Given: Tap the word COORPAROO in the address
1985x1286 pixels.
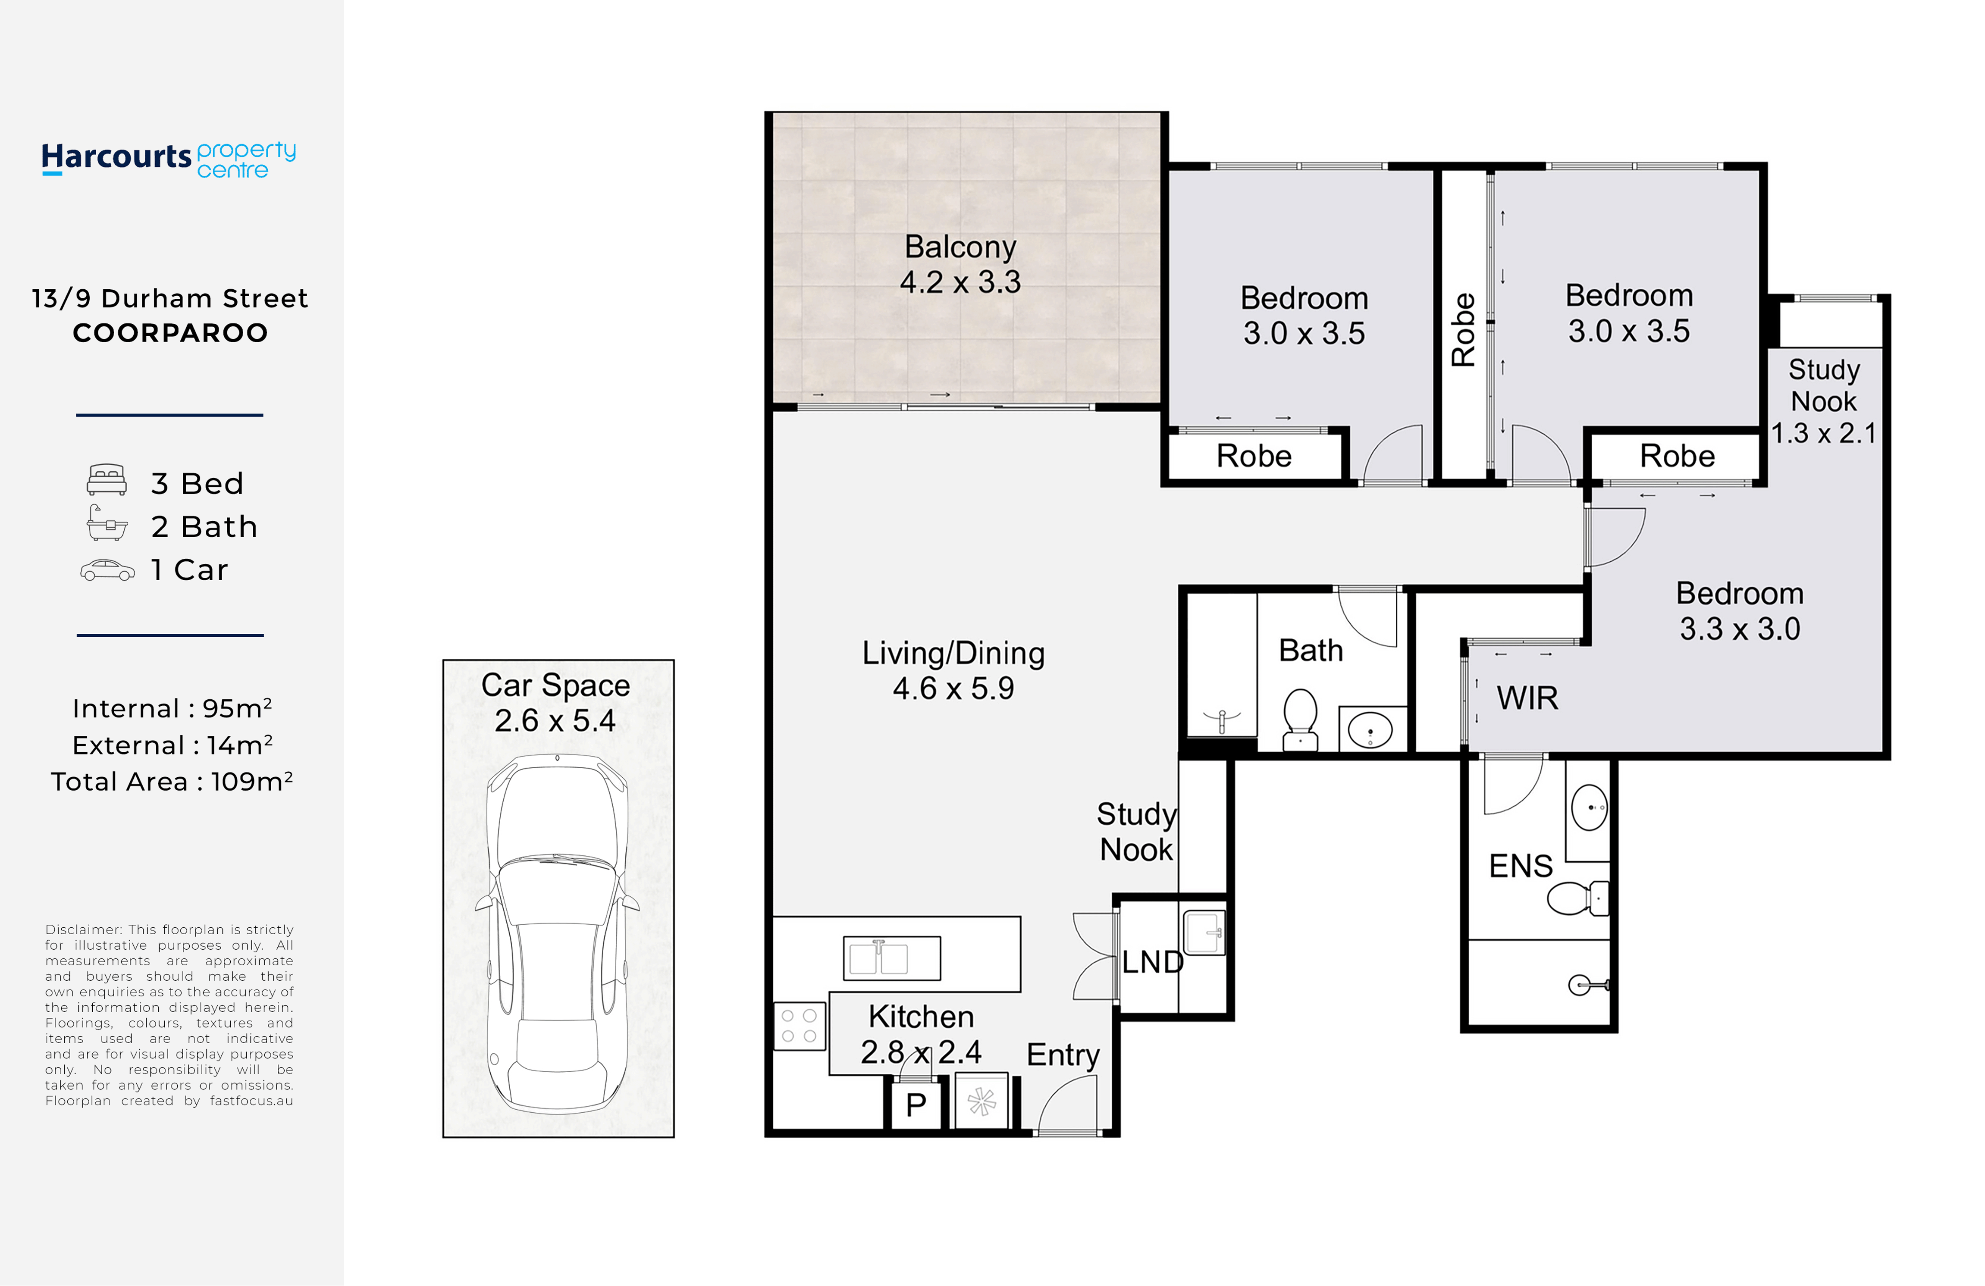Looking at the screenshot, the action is tap(170, 333).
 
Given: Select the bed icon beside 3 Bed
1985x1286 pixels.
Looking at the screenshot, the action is tap(107, 480).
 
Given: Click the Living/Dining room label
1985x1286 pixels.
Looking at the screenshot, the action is tap(953, 653).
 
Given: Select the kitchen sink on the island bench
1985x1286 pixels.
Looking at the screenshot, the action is tap(891, 958).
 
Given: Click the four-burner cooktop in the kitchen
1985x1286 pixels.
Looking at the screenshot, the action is tap(799, 1026).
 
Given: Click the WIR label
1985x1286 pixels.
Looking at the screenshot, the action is tap(1527, 698).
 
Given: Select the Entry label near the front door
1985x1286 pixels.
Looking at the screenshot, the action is tap(1063, 1055).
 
